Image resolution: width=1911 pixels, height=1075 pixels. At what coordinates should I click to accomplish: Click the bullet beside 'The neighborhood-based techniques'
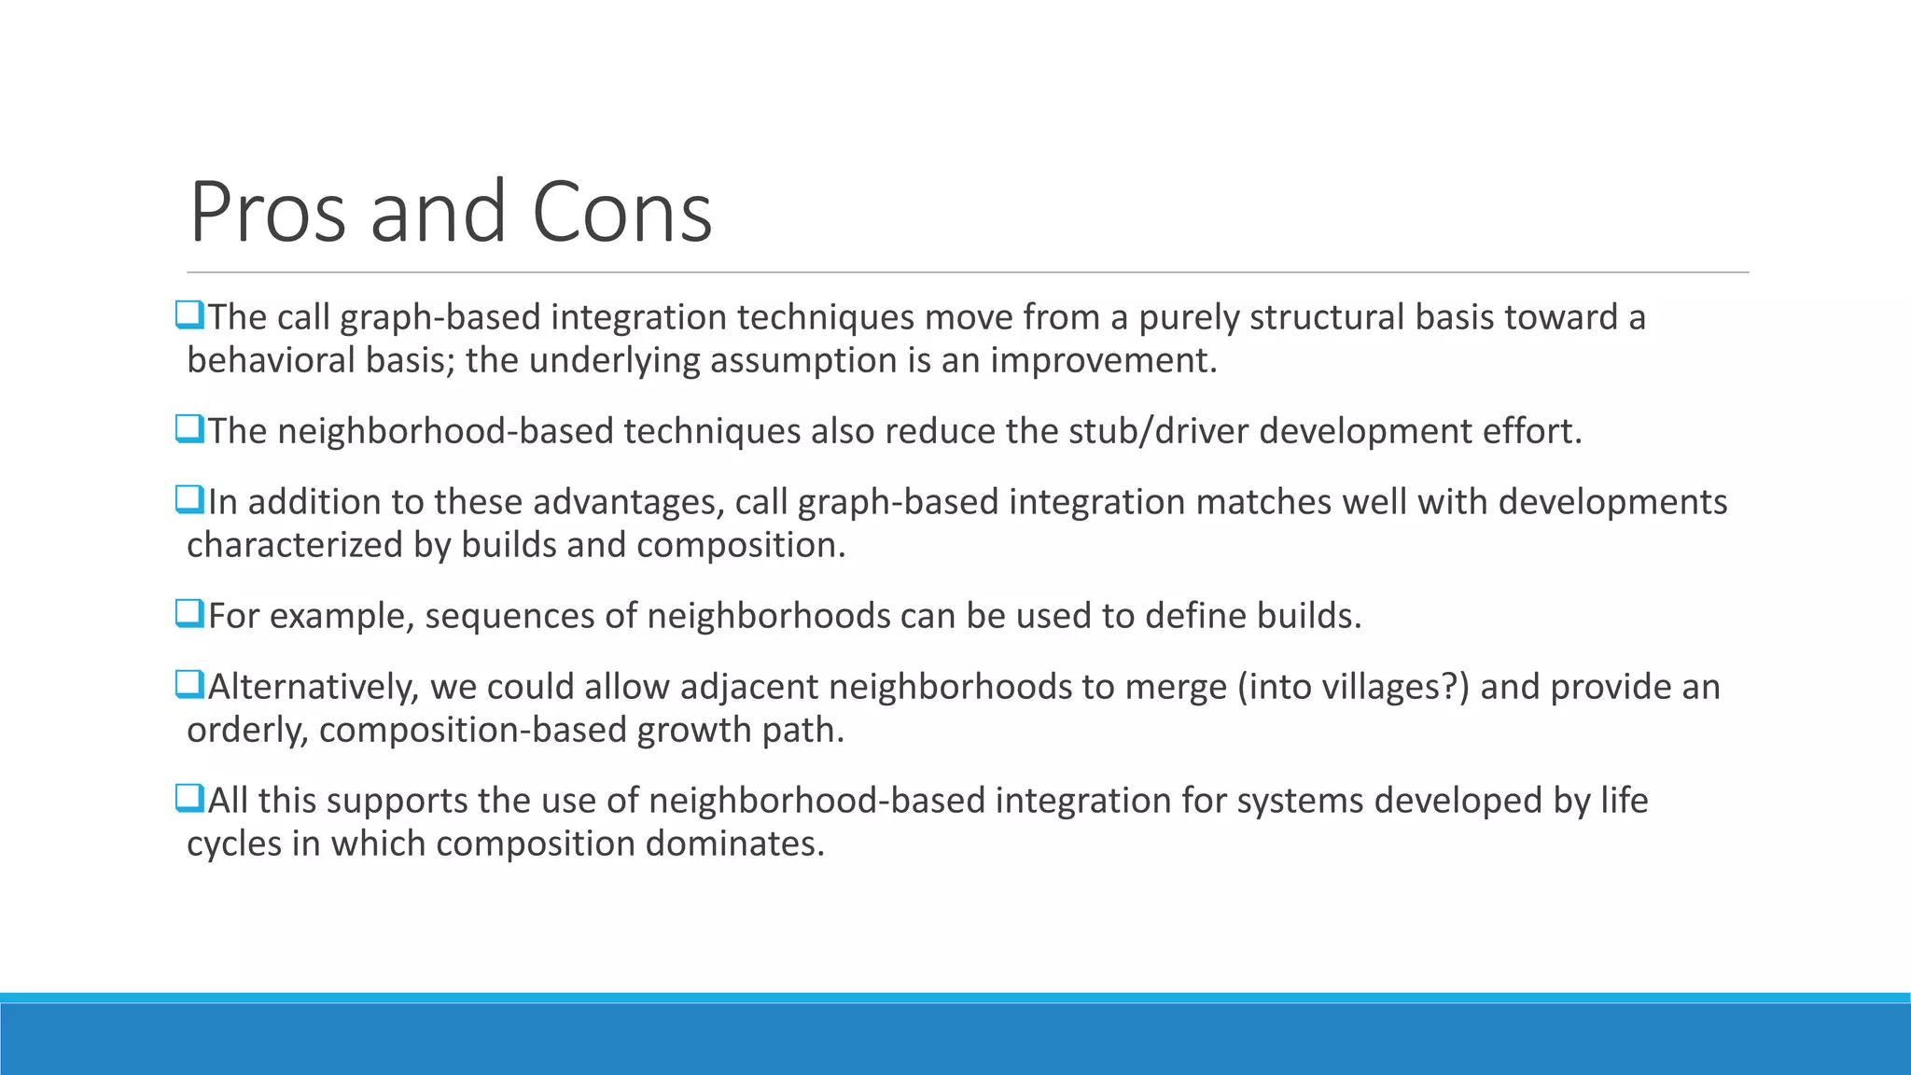[x=188, y=429]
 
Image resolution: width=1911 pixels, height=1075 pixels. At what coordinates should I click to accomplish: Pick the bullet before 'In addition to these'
[x=188, y=500]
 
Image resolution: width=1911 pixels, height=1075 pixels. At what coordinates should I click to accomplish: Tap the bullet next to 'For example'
[x=188, y=614]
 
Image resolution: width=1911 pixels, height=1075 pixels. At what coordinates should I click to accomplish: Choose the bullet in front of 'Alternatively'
[x=188, y=685]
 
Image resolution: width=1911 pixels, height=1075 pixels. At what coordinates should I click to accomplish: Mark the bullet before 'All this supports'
[x=188, y=799]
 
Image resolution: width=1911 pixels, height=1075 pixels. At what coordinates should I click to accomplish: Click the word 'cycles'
[x=233, y=844]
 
